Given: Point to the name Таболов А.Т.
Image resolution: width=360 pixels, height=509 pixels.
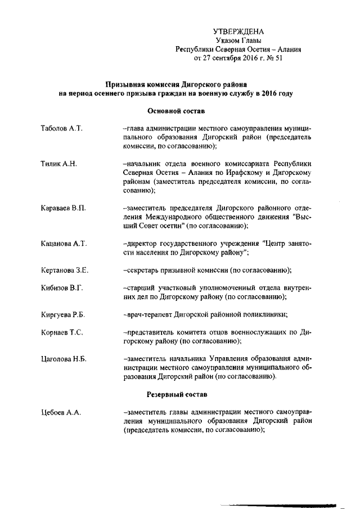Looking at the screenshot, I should tap(62, 129).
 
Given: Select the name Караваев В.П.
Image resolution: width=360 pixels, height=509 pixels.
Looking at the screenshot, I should tap(64, 208).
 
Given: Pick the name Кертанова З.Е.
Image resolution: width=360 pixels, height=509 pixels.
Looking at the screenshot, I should tap(65, 270).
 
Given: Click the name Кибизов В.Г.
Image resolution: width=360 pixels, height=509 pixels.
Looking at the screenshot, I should tap(62, 288).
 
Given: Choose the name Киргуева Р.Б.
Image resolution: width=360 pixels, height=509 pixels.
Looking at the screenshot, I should tap(64, 314).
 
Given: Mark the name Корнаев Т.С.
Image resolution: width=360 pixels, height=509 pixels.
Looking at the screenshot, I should tap(62, 332).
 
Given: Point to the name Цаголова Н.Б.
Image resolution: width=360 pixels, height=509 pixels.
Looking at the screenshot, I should tap(64, 358).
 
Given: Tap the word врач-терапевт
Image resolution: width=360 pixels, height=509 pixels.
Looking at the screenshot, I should tap(147, 314).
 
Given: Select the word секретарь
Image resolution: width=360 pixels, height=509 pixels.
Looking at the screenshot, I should tap(143, 270).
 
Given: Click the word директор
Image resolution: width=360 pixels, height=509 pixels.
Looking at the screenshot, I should tap(142, 244).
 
